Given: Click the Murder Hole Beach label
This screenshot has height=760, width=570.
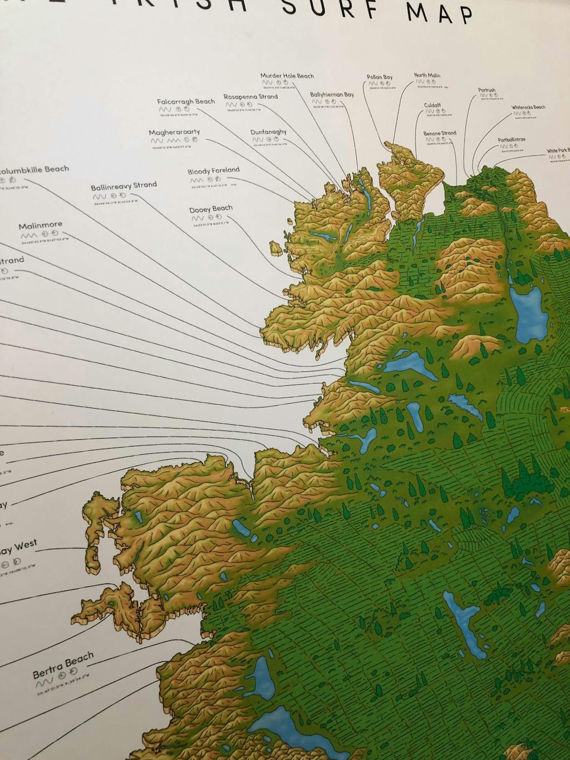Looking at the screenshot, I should click(x=287, y=76).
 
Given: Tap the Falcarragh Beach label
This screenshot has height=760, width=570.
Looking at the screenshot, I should click(x=185, y=102).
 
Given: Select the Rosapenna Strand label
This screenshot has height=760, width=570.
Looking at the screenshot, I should click(x=250, y=97).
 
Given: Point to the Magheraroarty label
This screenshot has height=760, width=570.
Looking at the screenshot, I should click(x=174, y=133).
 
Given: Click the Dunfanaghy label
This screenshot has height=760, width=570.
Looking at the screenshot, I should click(x=268, y=132).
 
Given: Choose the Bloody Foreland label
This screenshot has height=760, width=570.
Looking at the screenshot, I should click(x=213, y=170).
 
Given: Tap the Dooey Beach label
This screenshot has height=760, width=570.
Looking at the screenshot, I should click(x=210, y=209).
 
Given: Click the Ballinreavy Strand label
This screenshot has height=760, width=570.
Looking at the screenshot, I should click(x=124, y=185).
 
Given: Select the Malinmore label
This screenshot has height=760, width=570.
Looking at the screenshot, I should click(x=40, y=225).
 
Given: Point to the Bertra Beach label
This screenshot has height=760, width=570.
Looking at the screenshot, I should click(x=63, y=666).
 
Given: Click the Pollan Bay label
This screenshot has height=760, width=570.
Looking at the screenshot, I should click(x=380, y=77).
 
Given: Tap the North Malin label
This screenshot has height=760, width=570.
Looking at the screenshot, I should click(x=427, y=75).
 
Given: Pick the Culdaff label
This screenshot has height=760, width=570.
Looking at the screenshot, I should click(x=433, y=105).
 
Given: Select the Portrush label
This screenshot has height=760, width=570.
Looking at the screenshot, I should click(x=487, y=90).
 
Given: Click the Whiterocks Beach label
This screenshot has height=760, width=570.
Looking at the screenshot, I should click(x=528, y=107).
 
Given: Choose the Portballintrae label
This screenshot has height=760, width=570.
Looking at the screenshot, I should click(x=512, y=140).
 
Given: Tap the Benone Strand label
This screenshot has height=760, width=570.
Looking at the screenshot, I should click(x=440, y=134).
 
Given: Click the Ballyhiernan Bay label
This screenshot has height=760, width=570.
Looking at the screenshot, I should click(x=332, y=95).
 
